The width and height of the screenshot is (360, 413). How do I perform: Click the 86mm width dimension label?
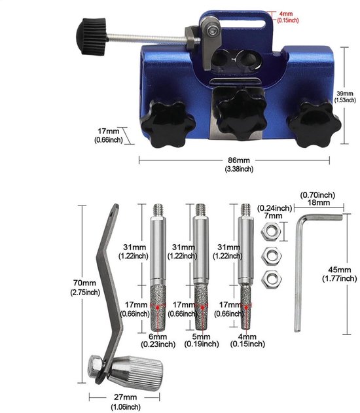click(239, 160)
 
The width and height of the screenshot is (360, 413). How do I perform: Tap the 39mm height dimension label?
click(345, 94)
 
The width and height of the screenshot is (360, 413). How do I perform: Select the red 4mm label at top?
click(286, 14)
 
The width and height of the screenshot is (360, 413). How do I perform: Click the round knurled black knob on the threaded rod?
click(92, 37)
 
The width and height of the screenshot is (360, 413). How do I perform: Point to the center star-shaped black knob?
click(242, 115)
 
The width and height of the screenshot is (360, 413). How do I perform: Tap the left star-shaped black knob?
click(168, 124)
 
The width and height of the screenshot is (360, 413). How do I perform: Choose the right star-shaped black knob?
click(314, 124)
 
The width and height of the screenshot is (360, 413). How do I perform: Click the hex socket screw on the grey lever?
click(213, 31)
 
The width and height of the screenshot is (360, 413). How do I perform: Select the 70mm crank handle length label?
click(85, 283)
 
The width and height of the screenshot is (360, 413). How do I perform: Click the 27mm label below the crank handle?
click(126, 397)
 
